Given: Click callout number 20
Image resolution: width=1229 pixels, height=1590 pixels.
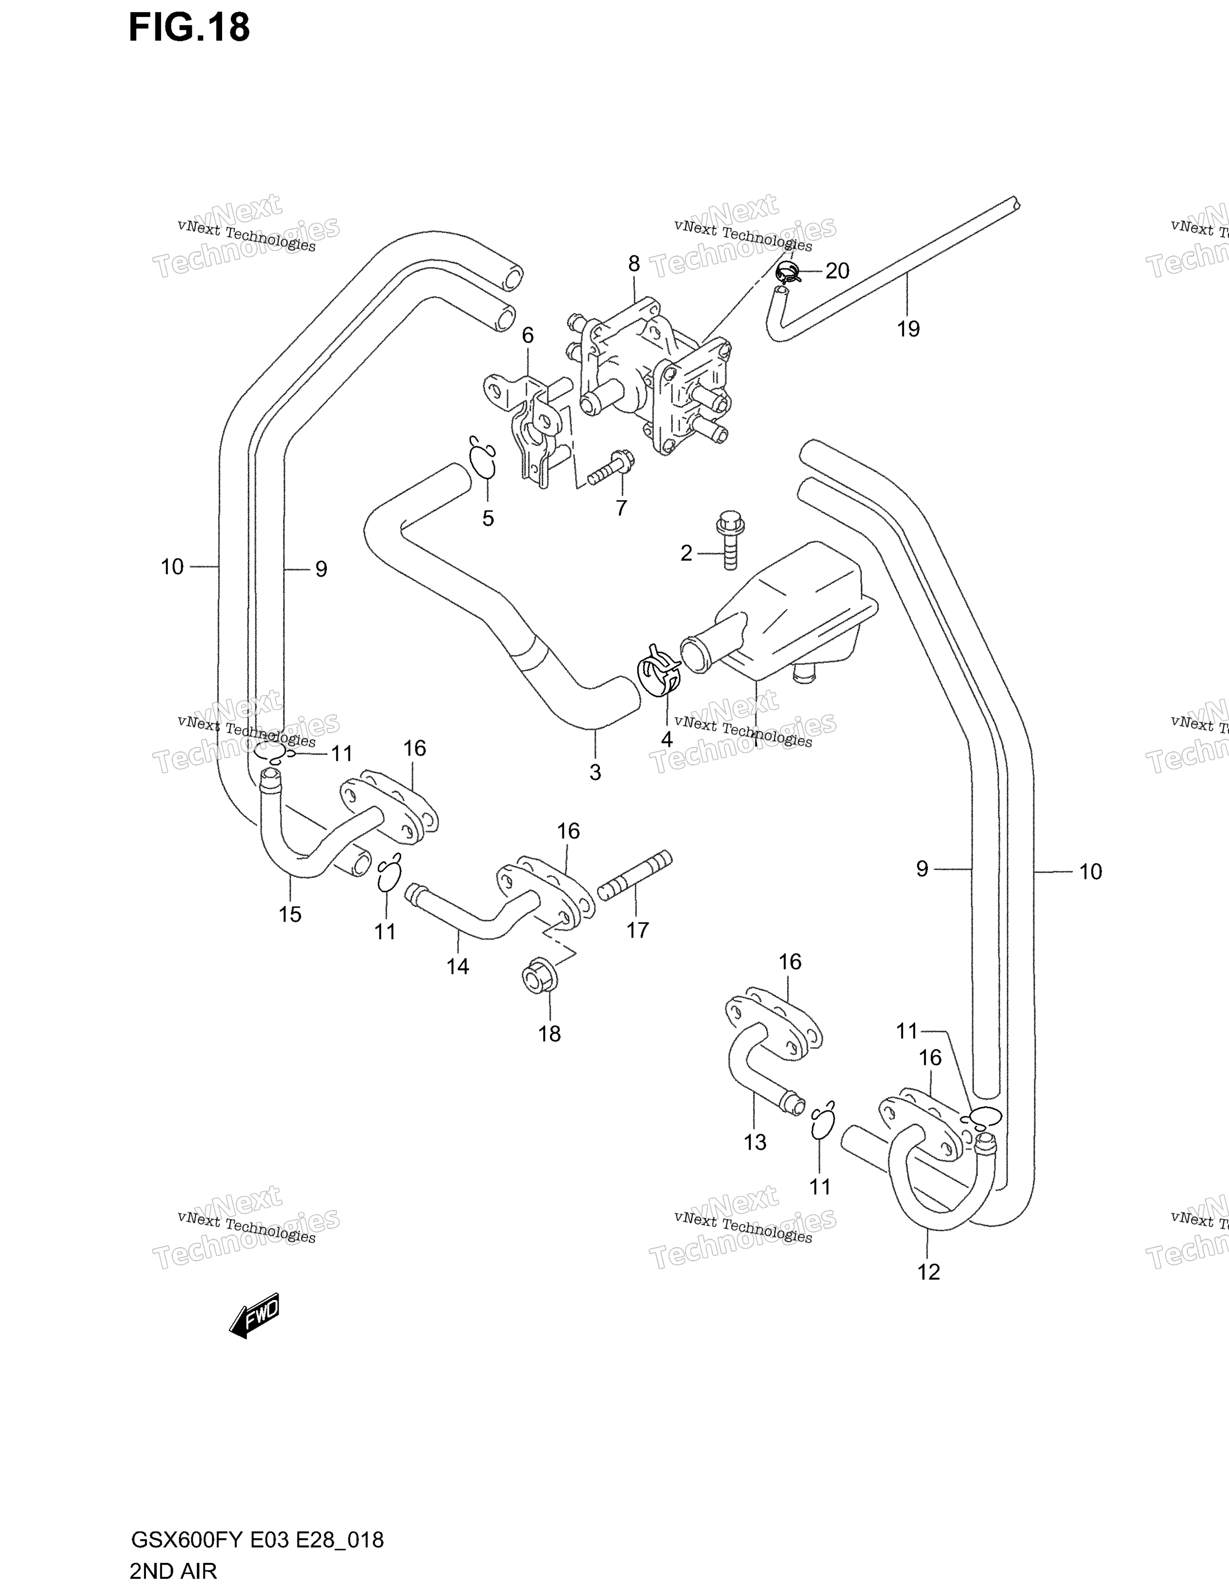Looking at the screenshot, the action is click(x=837, y=271).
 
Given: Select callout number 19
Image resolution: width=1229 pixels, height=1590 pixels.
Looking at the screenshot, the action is click(x=908, y=329).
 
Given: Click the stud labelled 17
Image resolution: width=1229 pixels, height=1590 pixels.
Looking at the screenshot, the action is click(x=635, y=876).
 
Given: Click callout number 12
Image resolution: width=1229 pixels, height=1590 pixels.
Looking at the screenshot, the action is click(x=929, y=1272).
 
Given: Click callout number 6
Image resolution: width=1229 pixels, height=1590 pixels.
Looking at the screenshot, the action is click(x=528, y=336).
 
